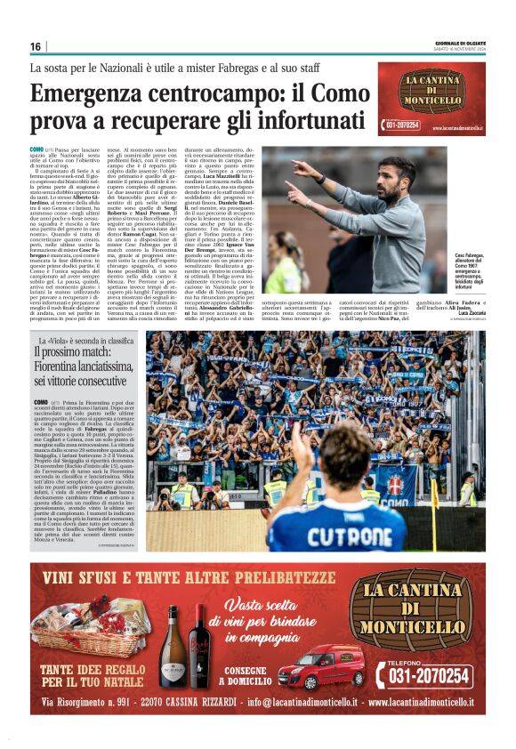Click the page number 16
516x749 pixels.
coord(36,46)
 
